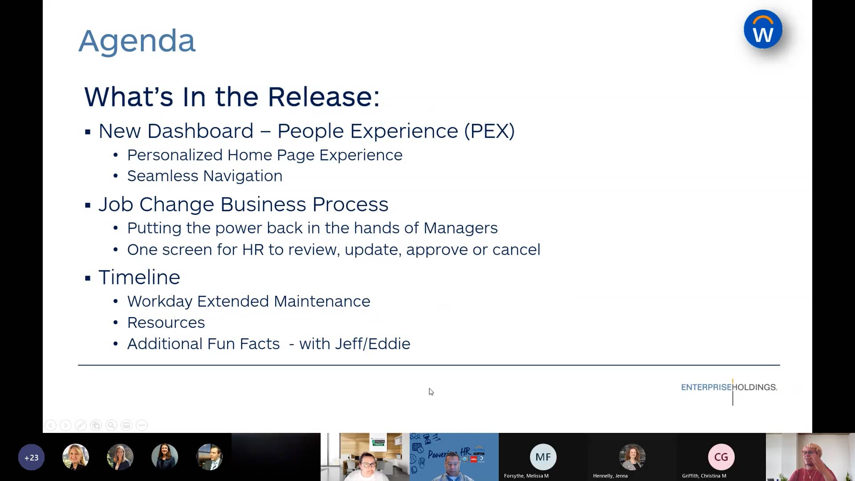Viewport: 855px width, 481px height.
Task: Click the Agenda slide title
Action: (x=137, y=41)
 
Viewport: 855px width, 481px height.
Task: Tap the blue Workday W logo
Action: (x=762, y=30)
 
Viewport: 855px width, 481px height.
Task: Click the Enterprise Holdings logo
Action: (x=729, y=387)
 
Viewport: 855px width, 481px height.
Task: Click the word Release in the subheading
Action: (x=323, y=97)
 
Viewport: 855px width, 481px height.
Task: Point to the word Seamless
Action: (x=163, y=176)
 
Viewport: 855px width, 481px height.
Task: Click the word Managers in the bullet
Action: (x=460, y=228)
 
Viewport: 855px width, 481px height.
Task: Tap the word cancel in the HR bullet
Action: (x=516, y=250)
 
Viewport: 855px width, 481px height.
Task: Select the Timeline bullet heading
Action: (x=139, y=277)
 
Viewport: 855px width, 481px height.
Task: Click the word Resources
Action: (x=166, y=322)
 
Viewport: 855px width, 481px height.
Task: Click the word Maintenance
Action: (x=322, y=302)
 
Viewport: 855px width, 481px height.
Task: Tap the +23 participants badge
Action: (x=31, y=457)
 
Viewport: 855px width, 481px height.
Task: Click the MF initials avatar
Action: (x=543, y=457)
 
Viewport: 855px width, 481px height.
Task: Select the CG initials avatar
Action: (x=721, y=457)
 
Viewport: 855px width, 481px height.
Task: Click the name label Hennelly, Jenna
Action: (x=610, y=476)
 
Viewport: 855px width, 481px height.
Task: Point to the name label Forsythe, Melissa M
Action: (x=526, y=476)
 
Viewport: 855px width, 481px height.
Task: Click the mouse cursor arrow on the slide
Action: (x=431, y=391)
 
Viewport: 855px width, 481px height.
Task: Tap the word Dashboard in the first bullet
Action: (x=200, y=131)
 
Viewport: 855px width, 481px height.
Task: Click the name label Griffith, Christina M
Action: (x=704, y=476)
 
